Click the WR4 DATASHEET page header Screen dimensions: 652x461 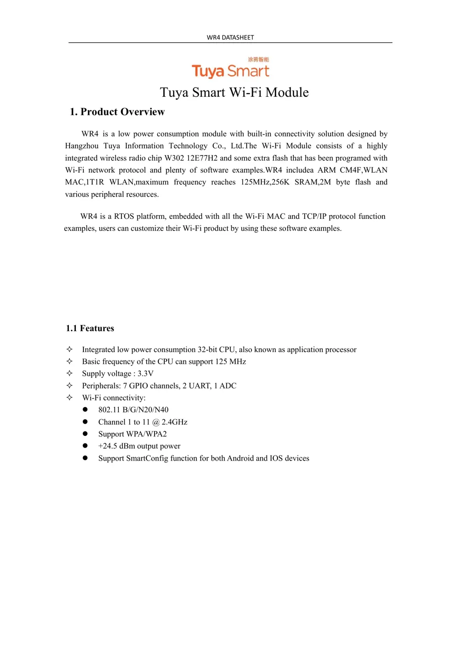(230, 37)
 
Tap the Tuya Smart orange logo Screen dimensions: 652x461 (230, 71)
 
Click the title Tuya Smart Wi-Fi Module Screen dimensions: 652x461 (234, 92)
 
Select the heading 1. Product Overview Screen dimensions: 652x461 (117, 112)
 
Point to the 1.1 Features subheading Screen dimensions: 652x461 (90, 328)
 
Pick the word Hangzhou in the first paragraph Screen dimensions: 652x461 (82, 146)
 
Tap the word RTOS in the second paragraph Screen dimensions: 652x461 (124, 216)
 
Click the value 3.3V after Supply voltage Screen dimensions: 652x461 (145, 374)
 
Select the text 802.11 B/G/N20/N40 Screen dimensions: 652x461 (133, 410)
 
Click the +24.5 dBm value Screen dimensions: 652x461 (116, 446)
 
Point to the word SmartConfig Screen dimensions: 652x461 (147, 458)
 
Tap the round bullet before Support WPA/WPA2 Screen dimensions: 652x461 (85, 434)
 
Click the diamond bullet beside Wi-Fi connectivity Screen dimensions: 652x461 (69, 398)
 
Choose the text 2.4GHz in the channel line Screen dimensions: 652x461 (175, 422)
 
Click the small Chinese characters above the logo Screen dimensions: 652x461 (258, 60)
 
